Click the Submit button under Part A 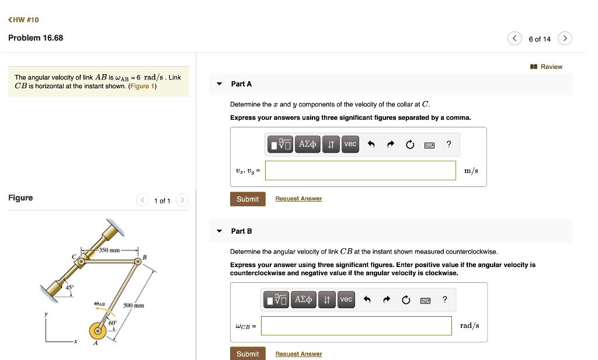tap(248, 199)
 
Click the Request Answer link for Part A tap(298, 199)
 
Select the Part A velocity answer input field tap(360, 170)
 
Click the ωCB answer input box tap(356, 326)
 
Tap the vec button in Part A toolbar tap(350, 144)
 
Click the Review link tap(546, 67)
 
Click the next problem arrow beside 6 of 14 tap(565, 38)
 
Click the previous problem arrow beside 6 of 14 tap(514, 38)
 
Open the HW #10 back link tap(23, 20)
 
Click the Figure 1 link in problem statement tap(142, 86)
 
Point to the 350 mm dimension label tap(109, 250)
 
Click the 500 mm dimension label tap(134, 306)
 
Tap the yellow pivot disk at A tap(98, 331)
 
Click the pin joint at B tap(137, 261)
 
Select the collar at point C tap(81, 262)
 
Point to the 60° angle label tap(113, 323)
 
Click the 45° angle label tap(69, 287)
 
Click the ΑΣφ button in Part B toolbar tap(303, 299)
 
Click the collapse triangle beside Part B tap(220, 231)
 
